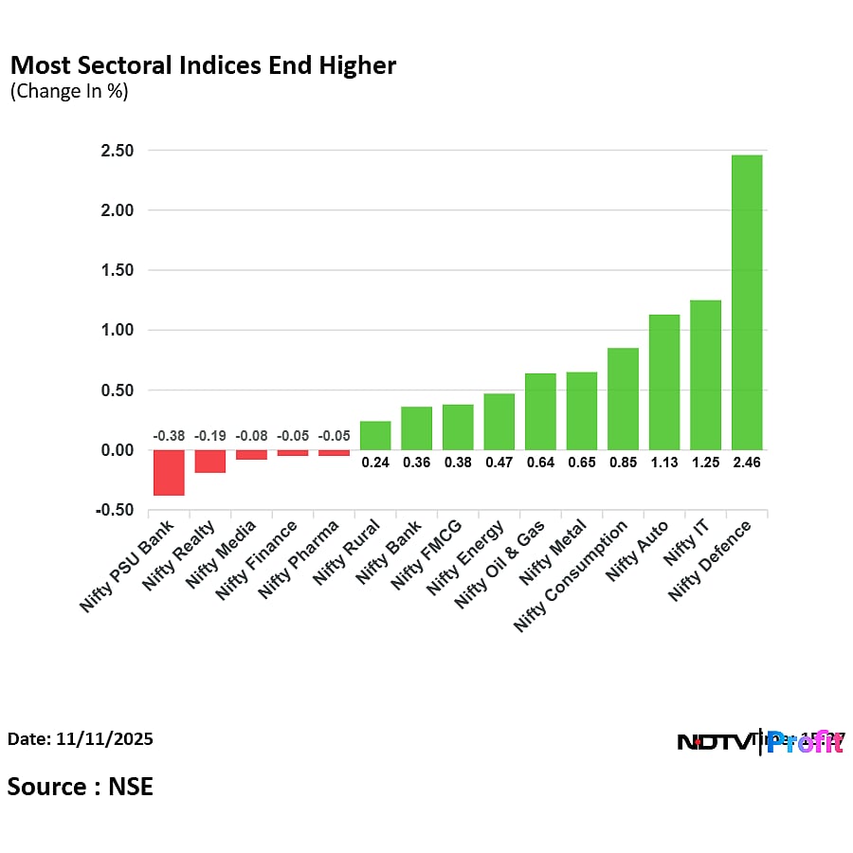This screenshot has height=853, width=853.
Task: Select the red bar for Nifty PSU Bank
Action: click(x=169, y=472)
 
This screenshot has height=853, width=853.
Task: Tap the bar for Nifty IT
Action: click(x=705, y=374)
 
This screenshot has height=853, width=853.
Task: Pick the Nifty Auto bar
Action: click(x=663, y=382)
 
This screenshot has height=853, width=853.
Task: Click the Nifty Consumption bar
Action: click(x=623, y=399)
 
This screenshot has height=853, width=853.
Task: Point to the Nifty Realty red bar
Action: click(x=210, y=461)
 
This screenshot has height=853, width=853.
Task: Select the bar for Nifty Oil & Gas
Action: click(x=540, y=411)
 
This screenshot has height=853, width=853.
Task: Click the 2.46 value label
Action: click(x=746, y=463)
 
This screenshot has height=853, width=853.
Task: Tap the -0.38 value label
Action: click(x=169, y=436)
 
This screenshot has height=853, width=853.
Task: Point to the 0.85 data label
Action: click(x=623, y=463)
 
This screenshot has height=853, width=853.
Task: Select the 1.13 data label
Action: click(x=663, y=463)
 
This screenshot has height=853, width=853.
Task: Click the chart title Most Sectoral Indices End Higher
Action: click(x=203, y=65)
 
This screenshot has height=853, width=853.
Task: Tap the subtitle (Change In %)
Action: click(x=69, y=92)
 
